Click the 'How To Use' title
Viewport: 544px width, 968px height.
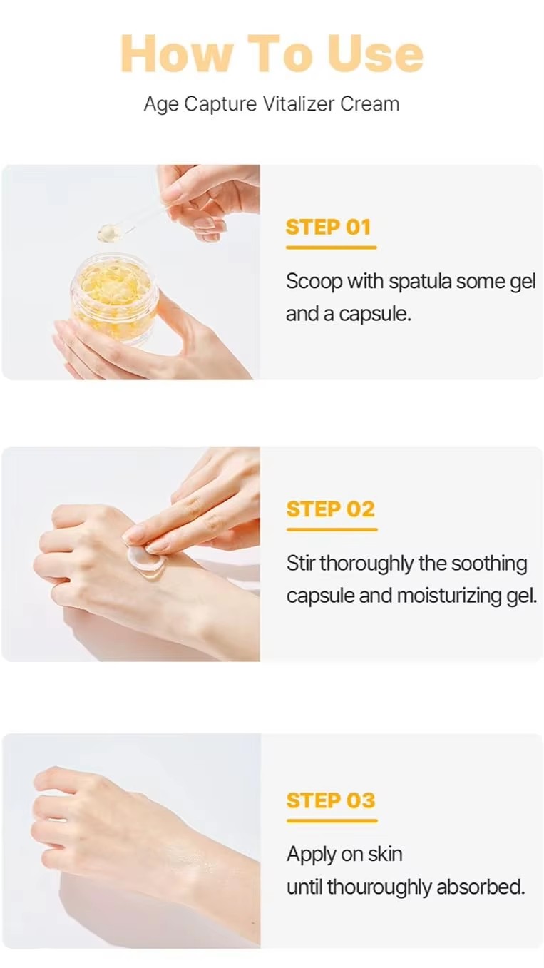(x=272, y=54)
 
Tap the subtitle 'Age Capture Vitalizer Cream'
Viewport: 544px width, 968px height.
(x=272, y=103)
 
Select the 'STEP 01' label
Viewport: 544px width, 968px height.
(x=329, y=228)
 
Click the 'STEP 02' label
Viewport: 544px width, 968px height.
(x=330, y=509)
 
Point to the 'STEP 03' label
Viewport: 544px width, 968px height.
(x=330, y=800)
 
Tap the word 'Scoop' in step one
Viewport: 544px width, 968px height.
(x=314, y=282)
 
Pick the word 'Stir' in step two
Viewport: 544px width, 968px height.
(x=301, y=564)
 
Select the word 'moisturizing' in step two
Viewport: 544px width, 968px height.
(x=448, y=596)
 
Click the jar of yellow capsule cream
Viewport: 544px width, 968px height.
(x=114, y=300)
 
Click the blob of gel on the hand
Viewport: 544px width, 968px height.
(x=145, y=559)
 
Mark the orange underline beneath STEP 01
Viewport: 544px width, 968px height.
(x=331, y=248)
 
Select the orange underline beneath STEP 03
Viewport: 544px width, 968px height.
(x=332, y=820)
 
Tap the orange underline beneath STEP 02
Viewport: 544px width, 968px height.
(x=332, y=529)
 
